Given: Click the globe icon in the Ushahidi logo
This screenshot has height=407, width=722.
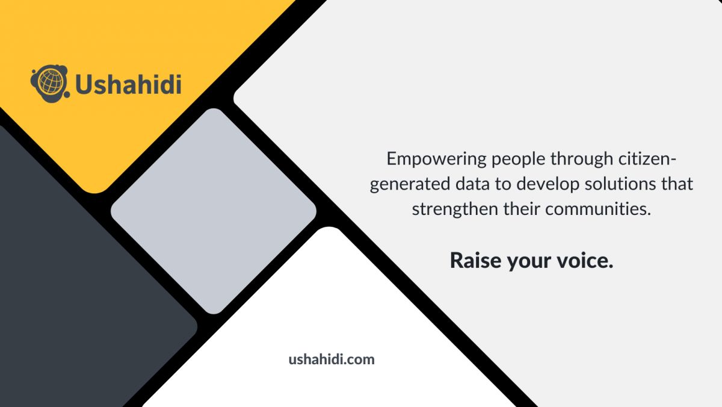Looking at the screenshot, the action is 50,84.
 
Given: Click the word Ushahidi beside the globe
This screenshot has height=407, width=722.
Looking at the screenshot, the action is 128,84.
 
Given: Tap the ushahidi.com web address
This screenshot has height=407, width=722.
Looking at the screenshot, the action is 332,359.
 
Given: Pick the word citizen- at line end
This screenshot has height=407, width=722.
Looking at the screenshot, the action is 647,159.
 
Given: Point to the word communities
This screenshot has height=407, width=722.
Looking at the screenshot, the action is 598,209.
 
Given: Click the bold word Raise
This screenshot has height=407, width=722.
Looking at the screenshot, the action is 475,260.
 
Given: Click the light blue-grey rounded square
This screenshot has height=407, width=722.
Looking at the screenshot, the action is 214,211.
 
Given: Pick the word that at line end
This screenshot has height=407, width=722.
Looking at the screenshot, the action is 677,184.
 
